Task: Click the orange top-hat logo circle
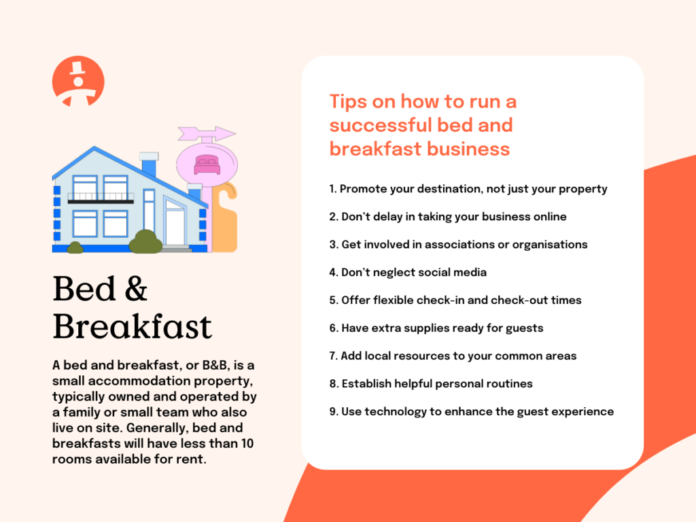(78, 81)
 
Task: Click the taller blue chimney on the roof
(149, 166)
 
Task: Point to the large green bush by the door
(145, 242)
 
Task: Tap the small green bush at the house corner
(75, 248)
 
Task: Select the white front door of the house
(175, 227)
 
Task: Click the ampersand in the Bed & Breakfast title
(137, 289)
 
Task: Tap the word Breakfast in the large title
(133, 326)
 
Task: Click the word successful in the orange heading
(381, 125)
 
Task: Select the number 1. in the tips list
(333, 189)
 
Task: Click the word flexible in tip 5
(394, 300)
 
